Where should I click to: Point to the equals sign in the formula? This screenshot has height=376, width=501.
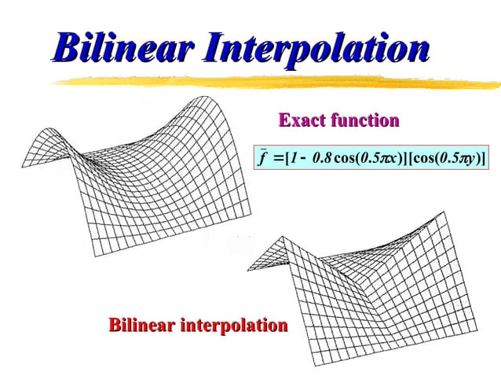click(x=280, y=160)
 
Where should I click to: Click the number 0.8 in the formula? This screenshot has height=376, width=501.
click(x=321, y=160)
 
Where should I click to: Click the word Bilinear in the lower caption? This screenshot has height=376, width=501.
click(x=142, y=325)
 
